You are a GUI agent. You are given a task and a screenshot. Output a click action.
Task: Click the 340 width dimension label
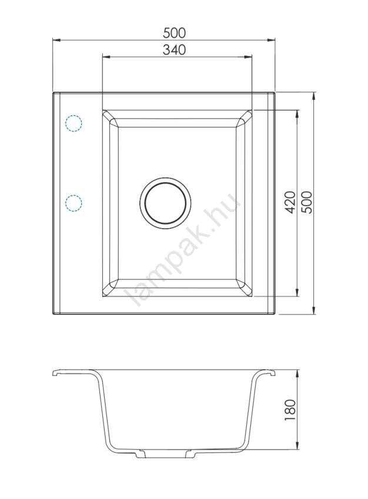tap(174, 49)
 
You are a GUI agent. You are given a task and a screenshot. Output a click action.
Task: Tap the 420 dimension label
tap(290, 202)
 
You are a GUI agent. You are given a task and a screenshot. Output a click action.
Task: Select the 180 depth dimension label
tap(290, 410)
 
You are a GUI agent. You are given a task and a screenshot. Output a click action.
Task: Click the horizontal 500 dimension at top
tap(174, 32)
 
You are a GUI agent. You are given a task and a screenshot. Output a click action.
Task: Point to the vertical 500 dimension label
tap(307, 202)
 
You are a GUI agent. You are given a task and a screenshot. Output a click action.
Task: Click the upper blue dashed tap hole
tap(73, 123)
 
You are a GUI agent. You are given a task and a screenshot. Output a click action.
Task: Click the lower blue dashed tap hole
tap(73, 203)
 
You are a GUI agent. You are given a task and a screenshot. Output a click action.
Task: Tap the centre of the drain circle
tap(165, 203)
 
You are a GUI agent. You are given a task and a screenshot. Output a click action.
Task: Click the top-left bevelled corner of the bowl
tap(111, 119)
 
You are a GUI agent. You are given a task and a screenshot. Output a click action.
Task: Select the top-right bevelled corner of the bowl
tap(244, 119)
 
